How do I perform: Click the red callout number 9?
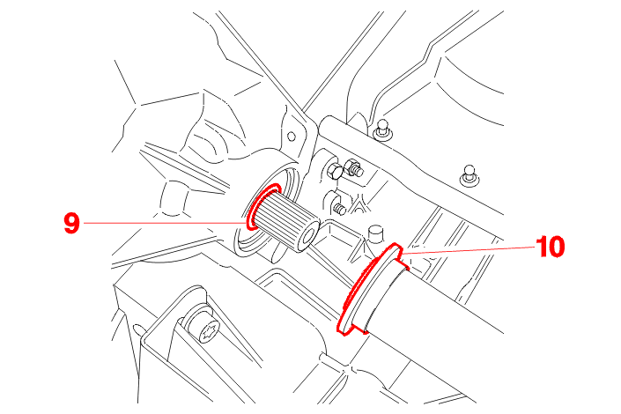[x=71, y=223]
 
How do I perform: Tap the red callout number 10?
[x=551, y=247]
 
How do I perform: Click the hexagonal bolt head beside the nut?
[x=334, y=171]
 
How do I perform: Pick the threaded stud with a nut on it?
[x=354, y=166]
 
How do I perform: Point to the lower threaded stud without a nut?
[x=339, y=209]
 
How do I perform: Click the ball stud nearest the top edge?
[x=382, y=128]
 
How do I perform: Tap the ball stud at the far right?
[x=469, y=174]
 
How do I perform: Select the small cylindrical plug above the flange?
[x=375, y=233]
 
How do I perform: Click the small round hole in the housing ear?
[x=291, y=137]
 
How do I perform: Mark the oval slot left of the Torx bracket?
[x=137, y=329]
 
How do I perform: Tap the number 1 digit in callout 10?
[x=543, y=247]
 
